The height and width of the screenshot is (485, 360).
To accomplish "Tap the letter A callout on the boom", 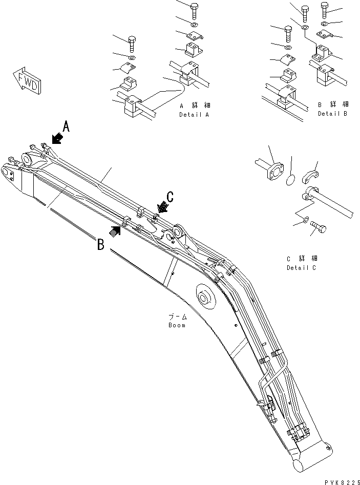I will pos(66,125).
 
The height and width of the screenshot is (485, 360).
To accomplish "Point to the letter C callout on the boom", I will pos(170,196).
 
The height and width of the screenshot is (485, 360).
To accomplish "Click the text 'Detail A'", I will pos(194,115).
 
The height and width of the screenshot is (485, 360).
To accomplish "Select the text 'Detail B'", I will pos(332,114).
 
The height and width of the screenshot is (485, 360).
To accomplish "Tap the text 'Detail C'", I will pos(302,268).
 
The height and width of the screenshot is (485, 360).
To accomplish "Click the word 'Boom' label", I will pos(178,325).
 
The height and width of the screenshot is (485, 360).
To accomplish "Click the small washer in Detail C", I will pos(304,220).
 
